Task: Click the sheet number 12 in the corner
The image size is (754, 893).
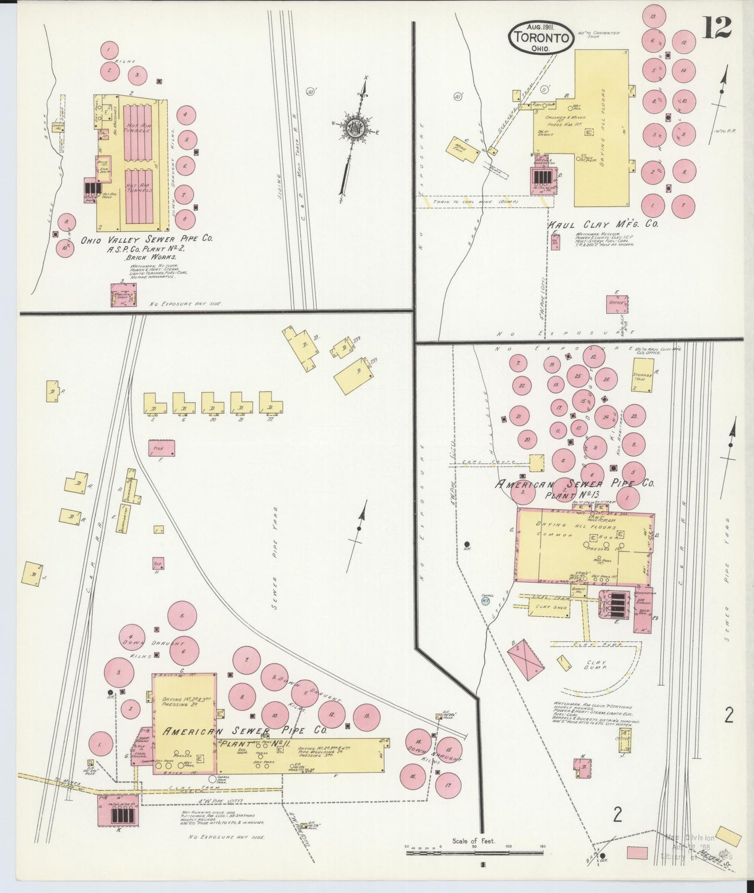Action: click(716, 28)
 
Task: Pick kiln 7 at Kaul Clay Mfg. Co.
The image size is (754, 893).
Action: click(683, 206)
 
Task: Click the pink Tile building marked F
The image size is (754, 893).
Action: click(161, 448)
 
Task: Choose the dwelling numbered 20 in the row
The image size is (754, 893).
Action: click(212, 404)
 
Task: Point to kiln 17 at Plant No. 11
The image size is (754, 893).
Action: click(447, 785)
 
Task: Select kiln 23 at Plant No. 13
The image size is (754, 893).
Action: click(633, 416)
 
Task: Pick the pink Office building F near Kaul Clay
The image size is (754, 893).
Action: click(617, 303)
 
